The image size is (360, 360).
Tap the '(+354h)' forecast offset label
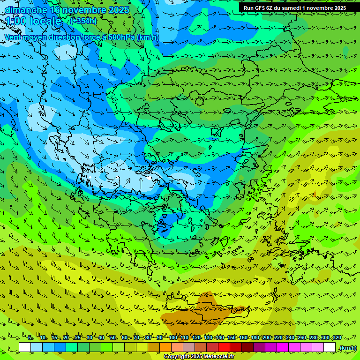click(83, 21)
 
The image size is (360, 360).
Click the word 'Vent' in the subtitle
click(14, 37)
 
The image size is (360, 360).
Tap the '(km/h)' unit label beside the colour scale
click(348, 348)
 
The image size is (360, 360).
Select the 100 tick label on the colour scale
click(173, 338)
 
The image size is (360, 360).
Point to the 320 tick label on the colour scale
click(337, 338)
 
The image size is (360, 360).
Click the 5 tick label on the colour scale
click(30, 338)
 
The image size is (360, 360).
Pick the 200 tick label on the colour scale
click(267, 338)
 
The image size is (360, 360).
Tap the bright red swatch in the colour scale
click(225, 347)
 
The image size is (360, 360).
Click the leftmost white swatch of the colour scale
click(25, 347)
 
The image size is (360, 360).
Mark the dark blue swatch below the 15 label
click(60, 347)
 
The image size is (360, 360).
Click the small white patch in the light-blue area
click(149, 178)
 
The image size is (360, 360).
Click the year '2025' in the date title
click(119, 9)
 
